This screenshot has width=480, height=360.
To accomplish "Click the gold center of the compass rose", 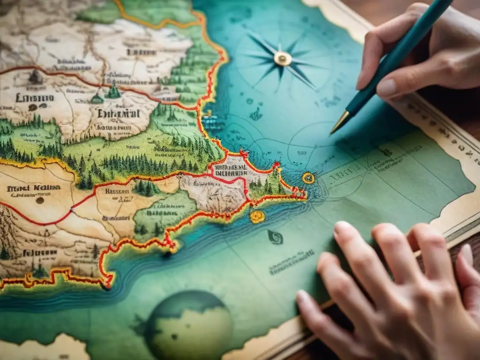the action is click(283, 58).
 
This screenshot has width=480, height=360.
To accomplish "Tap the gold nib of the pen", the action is click(339, 123).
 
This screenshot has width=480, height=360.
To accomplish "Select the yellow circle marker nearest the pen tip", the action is click(308, 178).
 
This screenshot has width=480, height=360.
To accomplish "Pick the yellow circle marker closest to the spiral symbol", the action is click(257, 216).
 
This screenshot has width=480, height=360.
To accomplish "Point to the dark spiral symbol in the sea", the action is click(276, 237).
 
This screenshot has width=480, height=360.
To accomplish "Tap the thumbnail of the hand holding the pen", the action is click(387, 88).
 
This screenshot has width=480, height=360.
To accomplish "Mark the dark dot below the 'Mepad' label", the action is click(40, 200).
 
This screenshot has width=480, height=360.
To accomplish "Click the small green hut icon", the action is click(97, 99).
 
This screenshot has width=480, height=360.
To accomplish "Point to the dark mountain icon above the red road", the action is click(35, 78).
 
